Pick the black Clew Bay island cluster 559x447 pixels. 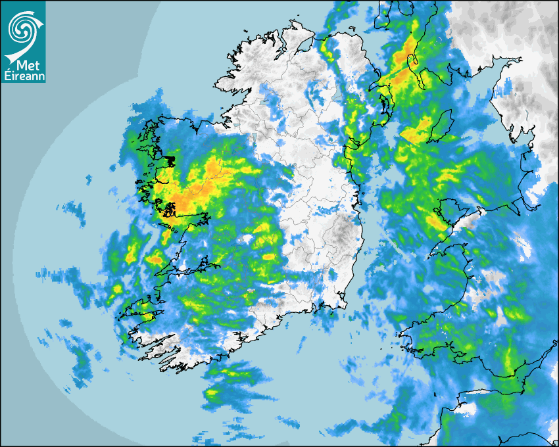pyautogui.click(x=170, y=160)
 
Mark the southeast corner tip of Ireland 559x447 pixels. pyautogui.click(x=345, y=306)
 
